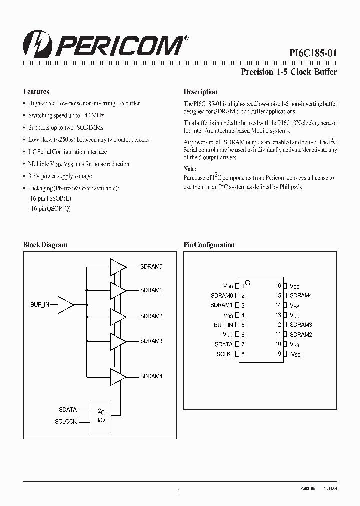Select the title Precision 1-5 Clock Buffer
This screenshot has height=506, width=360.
pos(289,72)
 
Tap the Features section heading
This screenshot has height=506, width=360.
pos(36,92)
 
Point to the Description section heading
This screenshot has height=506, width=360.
pos(200,92)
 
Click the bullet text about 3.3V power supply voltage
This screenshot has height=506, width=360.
pos(60,176)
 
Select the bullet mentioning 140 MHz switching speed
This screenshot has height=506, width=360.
pos(66,115)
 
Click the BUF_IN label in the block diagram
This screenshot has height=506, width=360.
pos(40,304)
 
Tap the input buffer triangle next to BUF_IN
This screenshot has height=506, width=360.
pos(65,304)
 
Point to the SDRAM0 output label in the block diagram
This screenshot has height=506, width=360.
pos(151,267)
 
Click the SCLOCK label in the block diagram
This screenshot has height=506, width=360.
pos(66,422)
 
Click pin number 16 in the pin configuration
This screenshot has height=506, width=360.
pos(278,286)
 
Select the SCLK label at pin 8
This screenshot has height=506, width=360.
pos(224,354)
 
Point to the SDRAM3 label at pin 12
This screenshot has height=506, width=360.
pos(301,325)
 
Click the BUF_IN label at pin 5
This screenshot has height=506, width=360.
pos(223,325)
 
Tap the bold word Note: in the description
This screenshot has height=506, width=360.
pos(190,169)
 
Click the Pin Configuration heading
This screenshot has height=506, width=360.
pos(209,245)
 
